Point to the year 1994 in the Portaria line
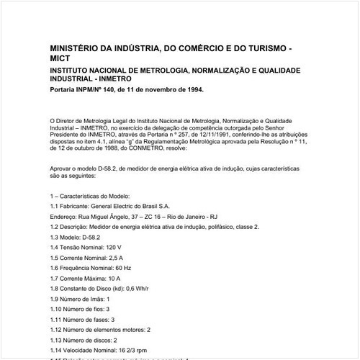[194, 91]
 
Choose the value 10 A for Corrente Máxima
[114, 277]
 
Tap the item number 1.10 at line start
[58, 307]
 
